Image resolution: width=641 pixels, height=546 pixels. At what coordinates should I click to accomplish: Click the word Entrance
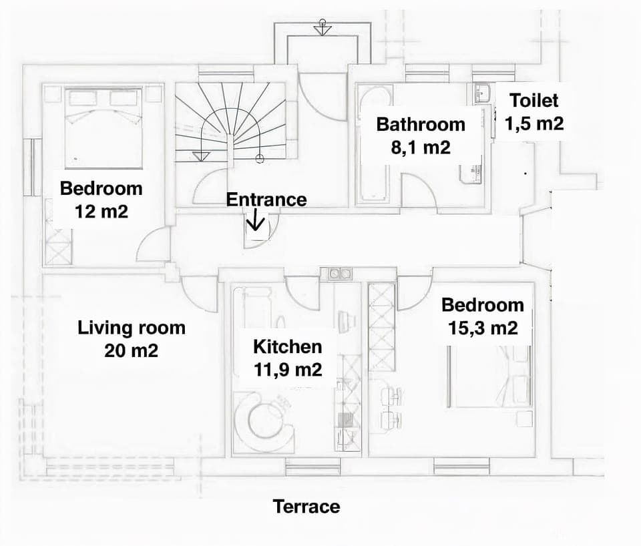pyautogui.click(x=266, y=200)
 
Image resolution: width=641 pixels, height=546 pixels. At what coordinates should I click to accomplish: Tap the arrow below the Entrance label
pyautogui.click(x=256, y=221)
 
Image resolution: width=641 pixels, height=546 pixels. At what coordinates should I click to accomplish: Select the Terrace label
pyautogui.click(x=306, y=507)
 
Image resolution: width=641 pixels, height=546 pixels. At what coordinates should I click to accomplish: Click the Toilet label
pyautogui.click(x=533, y=101)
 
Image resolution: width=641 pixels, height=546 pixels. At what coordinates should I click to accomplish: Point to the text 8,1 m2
pyautogui.click(x=421, y=147)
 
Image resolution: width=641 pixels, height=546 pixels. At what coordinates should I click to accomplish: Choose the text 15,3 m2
pyautogui.click(x=482, y=328)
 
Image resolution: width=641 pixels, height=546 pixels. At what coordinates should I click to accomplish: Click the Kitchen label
pyautogui.click(x=287, y=346)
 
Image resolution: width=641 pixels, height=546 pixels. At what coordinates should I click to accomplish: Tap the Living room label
pyautogui.click(x=132, y=328)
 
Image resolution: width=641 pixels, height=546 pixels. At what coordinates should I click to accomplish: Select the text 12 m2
pyautogui.click(x=101, y=212)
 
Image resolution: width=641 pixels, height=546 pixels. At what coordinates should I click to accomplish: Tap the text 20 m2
pyautogui.click(x=132, y=350)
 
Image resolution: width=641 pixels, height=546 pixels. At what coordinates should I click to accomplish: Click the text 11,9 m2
pyautogui.click(x=287, y=368)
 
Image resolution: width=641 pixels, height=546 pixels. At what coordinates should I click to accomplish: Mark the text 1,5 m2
pyautogui.click(x=533, y=123)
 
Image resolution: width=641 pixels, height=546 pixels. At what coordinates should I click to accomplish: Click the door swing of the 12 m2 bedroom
pyautogui.click(x=155, y=246)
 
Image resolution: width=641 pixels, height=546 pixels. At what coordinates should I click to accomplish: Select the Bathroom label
pyautogui.click(x=421, y=124)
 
